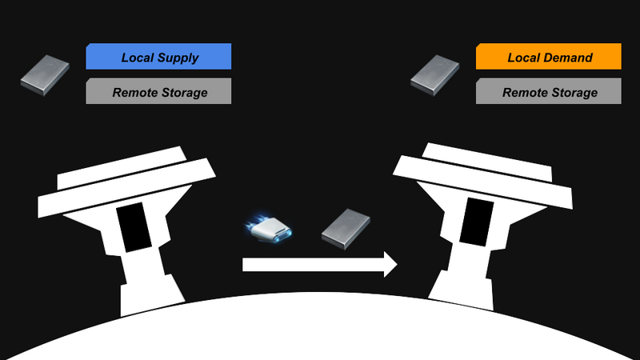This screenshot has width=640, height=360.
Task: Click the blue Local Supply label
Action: point(158,56)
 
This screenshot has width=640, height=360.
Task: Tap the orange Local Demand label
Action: point(549,56)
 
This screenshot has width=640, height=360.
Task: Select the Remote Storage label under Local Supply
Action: point(158,91)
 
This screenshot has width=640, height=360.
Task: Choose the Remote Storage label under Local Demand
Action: point(549,91)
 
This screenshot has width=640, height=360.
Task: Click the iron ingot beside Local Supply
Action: point(45,75)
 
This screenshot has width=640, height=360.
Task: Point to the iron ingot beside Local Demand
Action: point(434,75)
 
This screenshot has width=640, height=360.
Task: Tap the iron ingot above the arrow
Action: point(346,229)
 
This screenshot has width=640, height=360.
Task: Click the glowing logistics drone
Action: point(269,229)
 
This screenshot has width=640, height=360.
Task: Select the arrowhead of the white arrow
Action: point(390,265)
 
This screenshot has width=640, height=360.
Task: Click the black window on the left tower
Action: point(134,227)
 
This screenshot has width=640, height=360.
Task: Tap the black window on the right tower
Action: point(477,222)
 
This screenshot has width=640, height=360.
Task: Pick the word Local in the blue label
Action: point(137,58)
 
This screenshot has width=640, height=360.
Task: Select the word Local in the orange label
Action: point(523,58)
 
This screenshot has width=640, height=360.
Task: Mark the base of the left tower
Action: point(152,296)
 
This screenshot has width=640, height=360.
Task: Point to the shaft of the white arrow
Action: point(313,265)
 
